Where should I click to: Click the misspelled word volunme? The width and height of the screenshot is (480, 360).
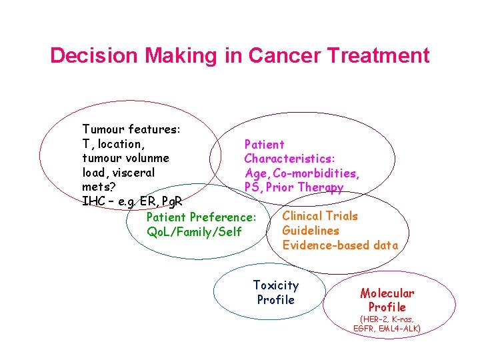[145, 159]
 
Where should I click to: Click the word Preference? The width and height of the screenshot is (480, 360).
[222, 217]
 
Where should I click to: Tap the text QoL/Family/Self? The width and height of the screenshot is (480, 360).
[194, 232]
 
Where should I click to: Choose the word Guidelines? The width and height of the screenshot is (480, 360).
[311, 231]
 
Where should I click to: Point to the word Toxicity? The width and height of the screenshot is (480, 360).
[276, 285]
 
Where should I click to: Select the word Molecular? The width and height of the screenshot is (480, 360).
[387, 293]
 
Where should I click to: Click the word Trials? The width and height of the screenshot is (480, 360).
[341, 216]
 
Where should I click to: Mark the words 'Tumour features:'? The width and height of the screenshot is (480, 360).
[130, 129]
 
